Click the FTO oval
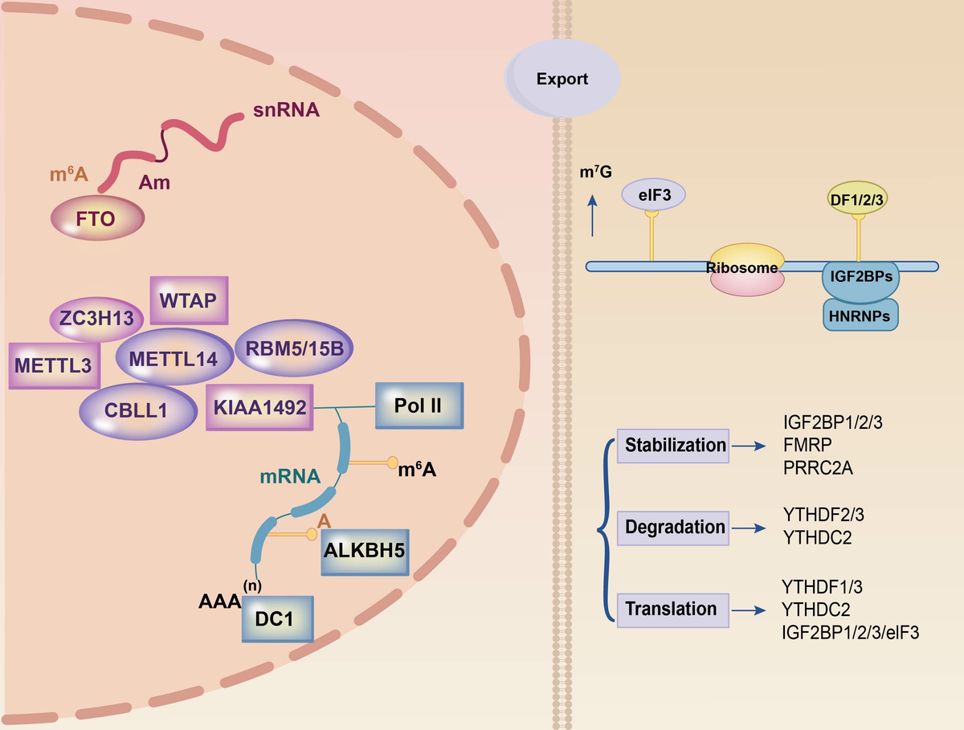[x=98, y=218]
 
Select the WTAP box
[x=190, y=301]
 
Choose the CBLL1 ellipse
[x=137, y=410]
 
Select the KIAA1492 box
[x=259, y=408]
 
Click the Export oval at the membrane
[x=562, y=79]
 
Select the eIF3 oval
[x=652, y=195]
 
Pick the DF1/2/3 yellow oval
[x=857, y=196]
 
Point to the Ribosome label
[x=745, y=267]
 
